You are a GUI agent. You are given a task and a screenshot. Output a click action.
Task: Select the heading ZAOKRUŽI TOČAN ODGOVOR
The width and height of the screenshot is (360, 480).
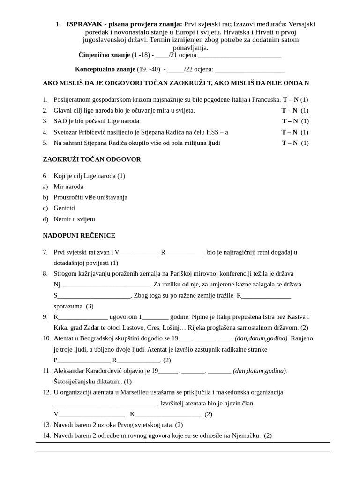point(92,159)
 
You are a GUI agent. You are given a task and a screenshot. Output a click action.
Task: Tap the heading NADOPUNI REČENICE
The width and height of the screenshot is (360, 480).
point(79,235)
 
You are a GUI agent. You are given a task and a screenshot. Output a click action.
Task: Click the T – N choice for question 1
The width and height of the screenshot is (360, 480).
point(291,100)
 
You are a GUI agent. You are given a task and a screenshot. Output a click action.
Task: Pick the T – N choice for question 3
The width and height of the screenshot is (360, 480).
point(290,121)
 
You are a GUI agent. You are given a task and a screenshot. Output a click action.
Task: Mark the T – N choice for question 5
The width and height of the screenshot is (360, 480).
point(289,143)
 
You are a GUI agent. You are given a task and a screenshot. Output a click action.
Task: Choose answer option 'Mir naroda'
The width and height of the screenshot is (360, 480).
point(68,187)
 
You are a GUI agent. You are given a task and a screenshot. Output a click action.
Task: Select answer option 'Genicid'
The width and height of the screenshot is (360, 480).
point(64,208)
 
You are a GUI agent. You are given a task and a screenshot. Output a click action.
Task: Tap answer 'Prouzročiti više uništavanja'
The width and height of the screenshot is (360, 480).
point(90,197)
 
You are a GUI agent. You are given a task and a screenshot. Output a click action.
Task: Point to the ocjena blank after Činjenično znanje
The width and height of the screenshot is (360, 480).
point(240,55)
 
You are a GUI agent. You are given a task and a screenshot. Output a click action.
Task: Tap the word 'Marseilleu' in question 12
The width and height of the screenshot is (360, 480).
point(142,392)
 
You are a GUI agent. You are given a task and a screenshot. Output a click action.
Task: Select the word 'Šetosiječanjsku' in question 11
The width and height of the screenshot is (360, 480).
point(77,382)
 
